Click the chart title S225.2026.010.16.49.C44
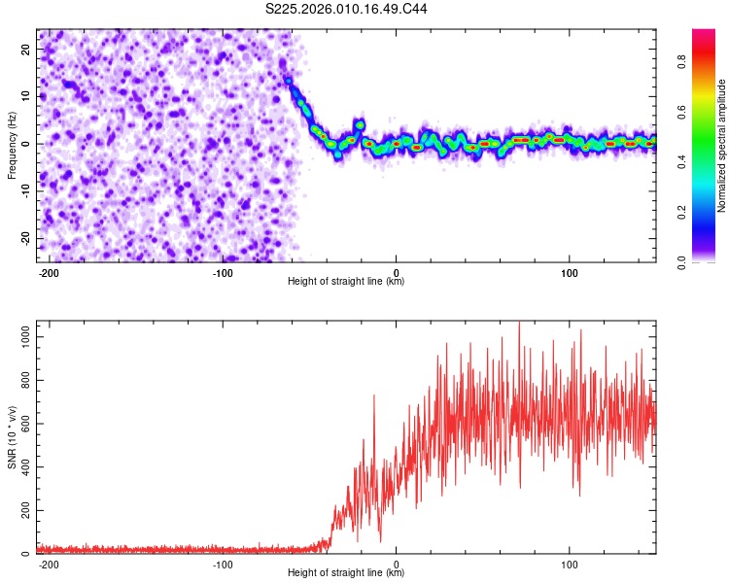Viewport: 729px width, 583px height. point(347,9)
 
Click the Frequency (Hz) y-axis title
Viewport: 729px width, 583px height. point(12,145)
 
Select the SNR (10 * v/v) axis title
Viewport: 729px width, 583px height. point(12,437)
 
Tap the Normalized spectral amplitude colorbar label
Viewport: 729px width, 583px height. point(721,147)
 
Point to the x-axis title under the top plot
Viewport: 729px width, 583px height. point(346,282)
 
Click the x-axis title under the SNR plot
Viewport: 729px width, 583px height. point(346,573)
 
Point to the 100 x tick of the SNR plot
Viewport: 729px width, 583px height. point(570,564)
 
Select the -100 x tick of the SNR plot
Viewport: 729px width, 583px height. point(223,564)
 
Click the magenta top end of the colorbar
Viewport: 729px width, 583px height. point(704,33)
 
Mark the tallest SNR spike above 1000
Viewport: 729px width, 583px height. point(519,324)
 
